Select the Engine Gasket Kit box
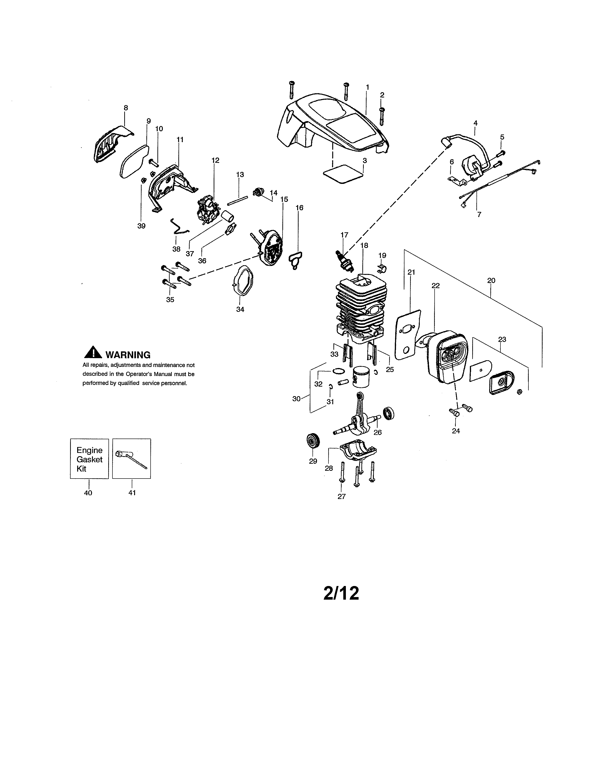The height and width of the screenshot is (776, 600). (89, 459)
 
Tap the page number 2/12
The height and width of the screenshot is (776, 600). (341, 593)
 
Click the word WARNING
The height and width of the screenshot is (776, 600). (128, 355)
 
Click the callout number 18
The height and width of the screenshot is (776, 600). (364, 245)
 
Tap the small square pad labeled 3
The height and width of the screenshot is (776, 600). (343, 174)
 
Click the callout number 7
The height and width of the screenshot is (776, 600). (479, 215)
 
